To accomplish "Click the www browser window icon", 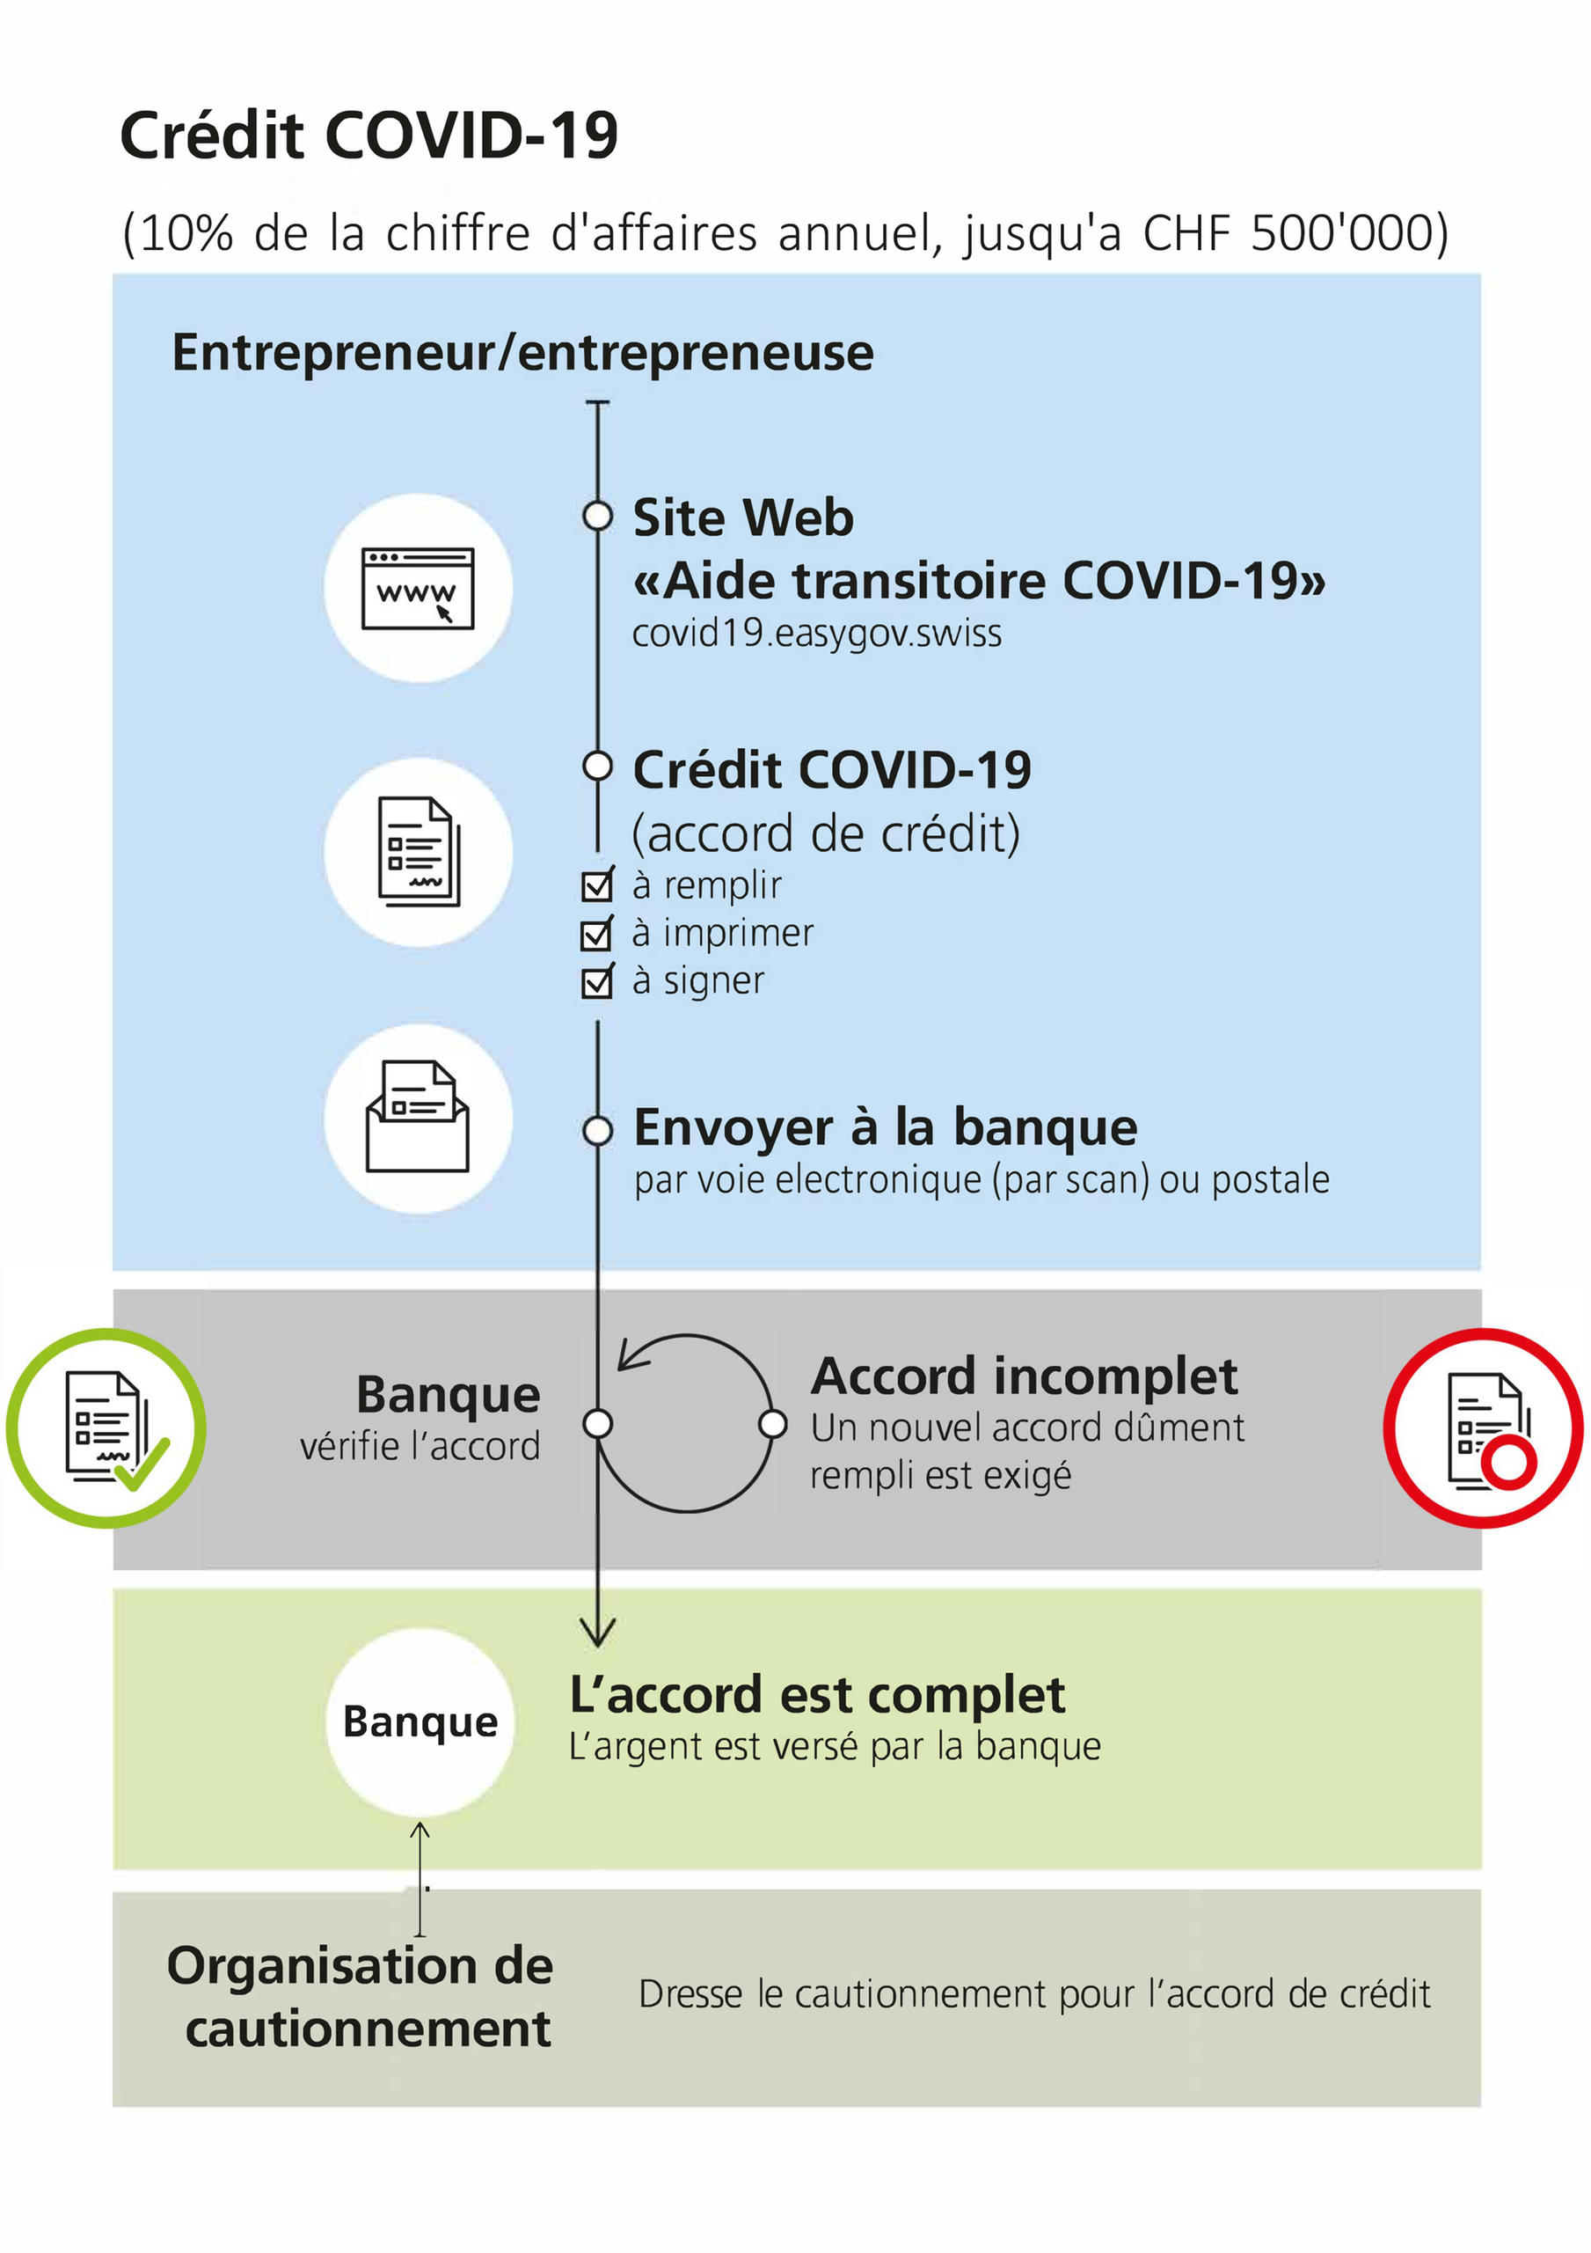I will click(x=418, y=588).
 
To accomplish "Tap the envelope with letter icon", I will click(x=418, y=1118).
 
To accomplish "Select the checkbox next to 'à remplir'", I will click(x=596, y=885).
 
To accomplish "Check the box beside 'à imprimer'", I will click(x=596, y=933).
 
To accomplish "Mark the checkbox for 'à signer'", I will click(x=596, y=981).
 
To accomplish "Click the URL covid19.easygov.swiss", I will click(x=816, y=634).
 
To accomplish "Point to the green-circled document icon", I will click(x=106, y=1427).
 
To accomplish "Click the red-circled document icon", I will click(x=1483, y=1427).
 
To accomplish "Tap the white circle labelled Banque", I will click(x=420, y=1721).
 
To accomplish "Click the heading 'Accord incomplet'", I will click(x=1024, y=1376).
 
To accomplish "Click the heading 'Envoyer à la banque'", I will click(x=885, y=1127).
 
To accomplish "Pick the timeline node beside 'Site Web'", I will click(x=597, y=515).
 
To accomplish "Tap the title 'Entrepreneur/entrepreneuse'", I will click(x=522, y=353).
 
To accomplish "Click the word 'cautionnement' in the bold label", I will click(x=368, y=2029).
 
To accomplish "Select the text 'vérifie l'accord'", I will click(x=420, y=1446).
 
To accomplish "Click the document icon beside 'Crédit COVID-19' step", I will click(x=418, y=851).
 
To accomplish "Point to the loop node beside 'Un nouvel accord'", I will click(x=773, y=1424).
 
